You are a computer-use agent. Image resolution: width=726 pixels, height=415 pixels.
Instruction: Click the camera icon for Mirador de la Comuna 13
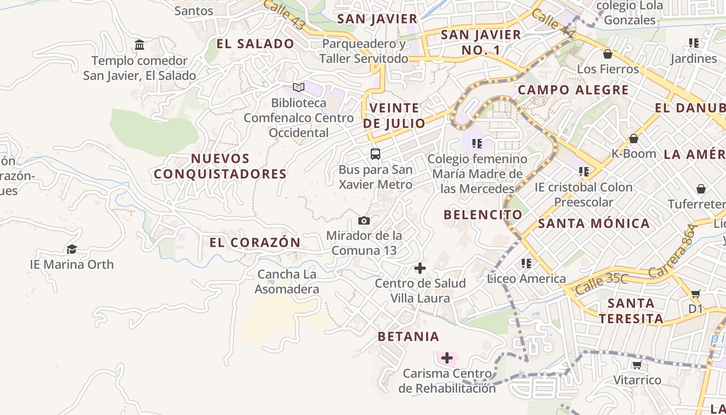coord(364,221)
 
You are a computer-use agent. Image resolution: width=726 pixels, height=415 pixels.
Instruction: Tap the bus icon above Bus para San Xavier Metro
coord(375,154)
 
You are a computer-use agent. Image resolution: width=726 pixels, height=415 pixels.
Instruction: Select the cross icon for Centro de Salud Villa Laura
coord(420,268)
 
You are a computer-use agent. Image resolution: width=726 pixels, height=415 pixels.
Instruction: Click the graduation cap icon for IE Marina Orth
coord(72,250)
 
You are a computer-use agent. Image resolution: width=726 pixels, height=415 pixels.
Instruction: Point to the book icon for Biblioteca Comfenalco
coord(299,87)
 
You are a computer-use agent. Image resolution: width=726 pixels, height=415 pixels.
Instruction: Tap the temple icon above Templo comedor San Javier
coord(139,45)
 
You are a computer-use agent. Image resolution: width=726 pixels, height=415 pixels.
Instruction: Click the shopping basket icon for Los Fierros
coord(608,54)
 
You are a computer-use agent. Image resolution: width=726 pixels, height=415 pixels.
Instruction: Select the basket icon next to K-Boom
coord(634,139)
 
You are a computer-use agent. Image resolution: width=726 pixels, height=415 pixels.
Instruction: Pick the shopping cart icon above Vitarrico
coord(637,365)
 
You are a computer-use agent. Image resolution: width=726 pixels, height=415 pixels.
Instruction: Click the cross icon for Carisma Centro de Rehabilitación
coord(446,358)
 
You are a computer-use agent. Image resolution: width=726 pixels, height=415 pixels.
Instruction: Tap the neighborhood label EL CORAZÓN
coord(255,242)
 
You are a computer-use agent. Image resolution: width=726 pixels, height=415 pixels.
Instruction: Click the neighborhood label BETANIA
coord(409,336)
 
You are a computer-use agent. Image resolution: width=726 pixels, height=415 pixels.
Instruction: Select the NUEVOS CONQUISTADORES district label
coord(220,166)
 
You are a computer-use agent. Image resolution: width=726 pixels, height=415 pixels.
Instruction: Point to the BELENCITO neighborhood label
coord(483,214)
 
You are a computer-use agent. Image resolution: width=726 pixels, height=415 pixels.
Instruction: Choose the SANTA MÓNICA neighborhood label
coord(594,224)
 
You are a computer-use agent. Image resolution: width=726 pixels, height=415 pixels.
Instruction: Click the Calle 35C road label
coord(602,284)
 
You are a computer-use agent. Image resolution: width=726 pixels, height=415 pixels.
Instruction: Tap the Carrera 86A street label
coord(679,250)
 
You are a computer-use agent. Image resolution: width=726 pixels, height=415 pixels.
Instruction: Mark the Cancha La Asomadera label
coord(287,282)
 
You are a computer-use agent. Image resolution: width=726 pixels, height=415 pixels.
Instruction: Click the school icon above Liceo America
coord(526,264)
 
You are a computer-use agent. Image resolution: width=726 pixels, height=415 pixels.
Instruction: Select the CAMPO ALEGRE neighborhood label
coord(573,90)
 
